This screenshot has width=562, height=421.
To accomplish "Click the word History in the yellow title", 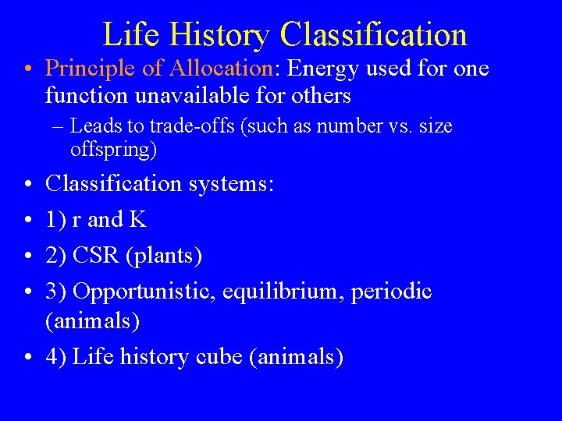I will (x=216, y=36).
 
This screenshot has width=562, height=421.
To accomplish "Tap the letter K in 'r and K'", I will (x=138, y=220).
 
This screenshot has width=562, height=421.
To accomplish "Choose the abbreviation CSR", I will (x=98, y=256).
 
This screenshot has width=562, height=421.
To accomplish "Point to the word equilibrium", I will (x=282, y=292).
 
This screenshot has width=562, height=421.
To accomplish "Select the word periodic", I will (x=391, y=292).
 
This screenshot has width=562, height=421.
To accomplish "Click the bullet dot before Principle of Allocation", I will (x=27, y=69).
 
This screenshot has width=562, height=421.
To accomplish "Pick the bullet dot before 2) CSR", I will (x=27, y=256).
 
